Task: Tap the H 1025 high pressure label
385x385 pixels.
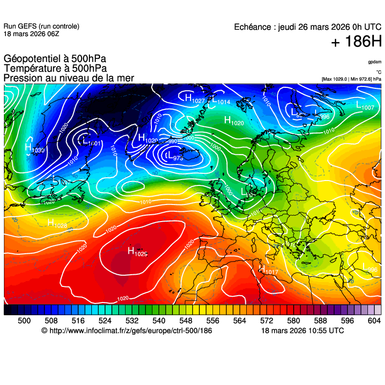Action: click(x=137, y=252)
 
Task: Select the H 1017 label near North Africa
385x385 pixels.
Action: click(x=268, y=270)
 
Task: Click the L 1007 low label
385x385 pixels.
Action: click(x=365, y=105)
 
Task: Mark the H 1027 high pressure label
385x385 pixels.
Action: click(x=194, y=98)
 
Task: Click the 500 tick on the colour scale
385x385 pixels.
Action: click(x=24, y=321)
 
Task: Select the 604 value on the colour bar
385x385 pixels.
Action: click(x=374, y=321)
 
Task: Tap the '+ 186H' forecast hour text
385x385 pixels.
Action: click(x=356, y=42)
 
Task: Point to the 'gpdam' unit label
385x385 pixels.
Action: click(x=375, y=62)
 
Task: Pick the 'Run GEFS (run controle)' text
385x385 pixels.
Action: click(x=41, y=26)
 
